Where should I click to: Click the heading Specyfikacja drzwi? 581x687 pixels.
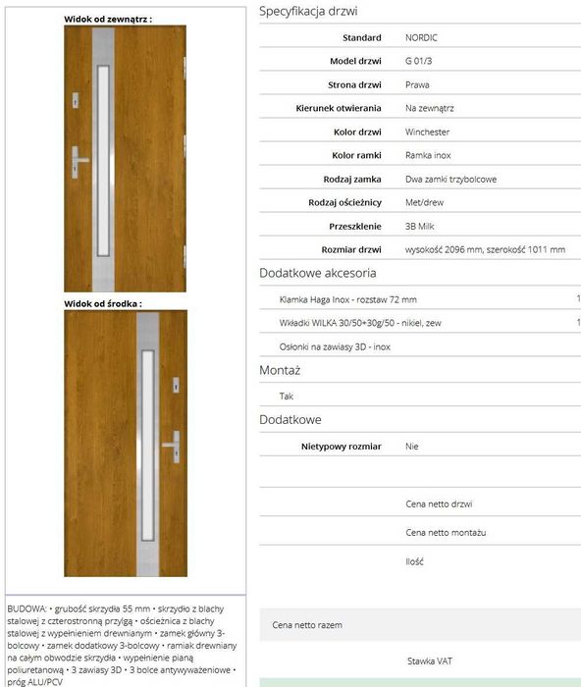point(308,12)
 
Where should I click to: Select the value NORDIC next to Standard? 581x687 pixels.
point(421,37)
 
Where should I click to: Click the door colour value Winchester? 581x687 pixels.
point(427,132)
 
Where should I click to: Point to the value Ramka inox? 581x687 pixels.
point(428,155)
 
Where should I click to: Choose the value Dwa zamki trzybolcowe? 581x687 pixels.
point(450,179)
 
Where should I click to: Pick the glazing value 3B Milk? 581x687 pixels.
point(422,226)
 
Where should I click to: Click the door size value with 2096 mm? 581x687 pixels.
point(485,249)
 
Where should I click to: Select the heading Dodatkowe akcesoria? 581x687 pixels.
point(317,273)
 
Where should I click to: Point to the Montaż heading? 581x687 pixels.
point(280,371)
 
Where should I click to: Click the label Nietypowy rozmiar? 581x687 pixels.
point(344,446)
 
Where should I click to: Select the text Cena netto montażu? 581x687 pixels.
point(446,532)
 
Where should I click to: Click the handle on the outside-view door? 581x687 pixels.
point(79,160)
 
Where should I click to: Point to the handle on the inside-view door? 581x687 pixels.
point(173,444)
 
